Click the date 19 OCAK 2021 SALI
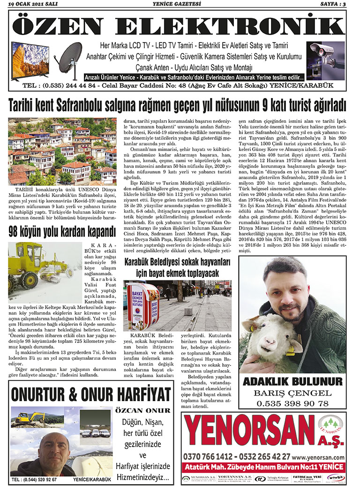click(30, 4)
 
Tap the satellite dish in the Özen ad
click(70, 57)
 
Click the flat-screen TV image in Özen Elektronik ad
click(30, 60)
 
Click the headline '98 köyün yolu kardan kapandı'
click(61, 231)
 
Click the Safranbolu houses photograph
click(62, 151)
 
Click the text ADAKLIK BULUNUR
click(292, 380)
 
